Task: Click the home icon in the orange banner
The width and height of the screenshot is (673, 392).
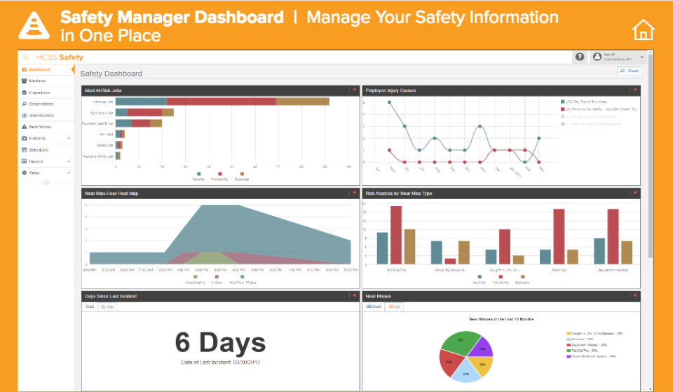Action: point(643,29)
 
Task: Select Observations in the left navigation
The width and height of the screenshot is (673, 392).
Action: point(40,104)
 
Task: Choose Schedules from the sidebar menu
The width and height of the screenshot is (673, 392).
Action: point(39,149)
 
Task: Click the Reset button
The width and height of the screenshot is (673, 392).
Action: point(630,71)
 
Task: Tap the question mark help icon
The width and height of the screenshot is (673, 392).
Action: point(580,57)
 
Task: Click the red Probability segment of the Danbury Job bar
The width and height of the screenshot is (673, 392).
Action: point(221,102)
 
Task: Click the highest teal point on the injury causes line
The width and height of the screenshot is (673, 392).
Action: point(389,102)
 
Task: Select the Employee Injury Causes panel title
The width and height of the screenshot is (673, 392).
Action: point(391,90)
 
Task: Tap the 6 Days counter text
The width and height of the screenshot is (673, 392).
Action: point(220,343)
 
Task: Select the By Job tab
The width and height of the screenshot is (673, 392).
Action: point(108,306)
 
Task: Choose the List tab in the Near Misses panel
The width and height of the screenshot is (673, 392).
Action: point(395,306)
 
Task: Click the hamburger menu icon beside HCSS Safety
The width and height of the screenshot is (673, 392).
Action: point(26,57)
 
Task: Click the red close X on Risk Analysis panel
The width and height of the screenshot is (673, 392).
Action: point(635,192)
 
